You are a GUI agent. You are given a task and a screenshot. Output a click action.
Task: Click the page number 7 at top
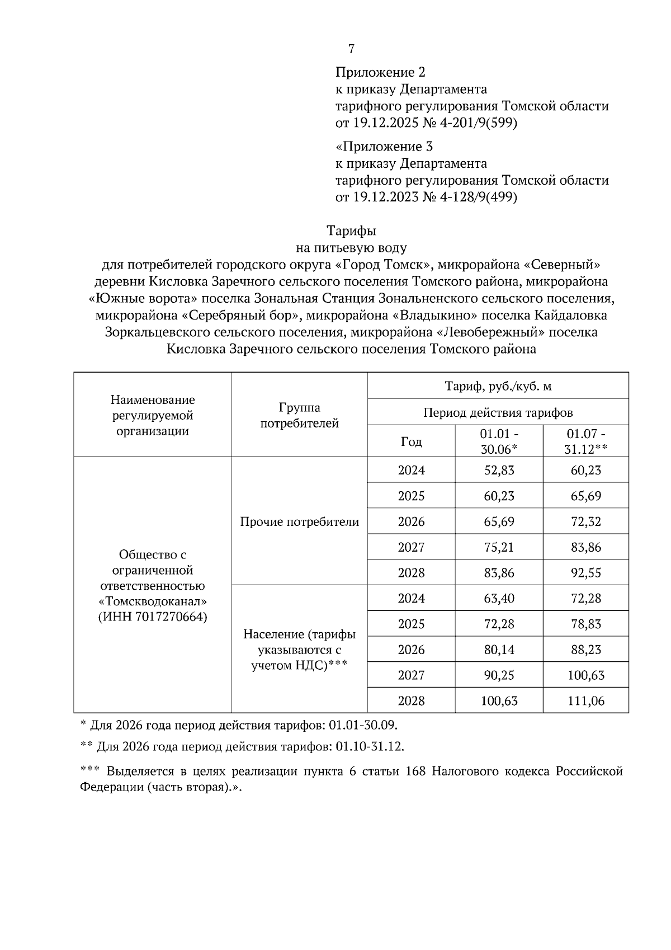coord(351,49)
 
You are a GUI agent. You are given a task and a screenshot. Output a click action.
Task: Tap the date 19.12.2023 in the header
coord(385,197)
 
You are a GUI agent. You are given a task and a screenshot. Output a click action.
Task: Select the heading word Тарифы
coord(351,231)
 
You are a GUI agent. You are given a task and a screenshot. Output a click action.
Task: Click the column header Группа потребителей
coord(299,415)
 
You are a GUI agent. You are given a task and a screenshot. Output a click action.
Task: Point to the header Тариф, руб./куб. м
coord(498,386)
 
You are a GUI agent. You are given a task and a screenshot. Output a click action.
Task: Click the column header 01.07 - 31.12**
coord(585,441)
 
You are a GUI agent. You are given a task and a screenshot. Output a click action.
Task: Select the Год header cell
coord(411,442)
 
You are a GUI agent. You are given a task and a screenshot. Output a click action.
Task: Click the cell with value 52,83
coord(499,471)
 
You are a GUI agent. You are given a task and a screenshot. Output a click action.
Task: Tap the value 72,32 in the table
coord(585,522)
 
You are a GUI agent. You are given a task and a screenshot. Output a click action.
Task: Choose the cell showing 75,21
coord(499,547)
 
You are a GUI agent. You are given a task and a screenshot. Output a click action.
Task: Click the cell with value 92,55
coord(585,573)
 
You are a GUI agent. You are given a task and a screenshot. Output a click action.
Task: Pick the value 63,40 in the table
coord(499,599)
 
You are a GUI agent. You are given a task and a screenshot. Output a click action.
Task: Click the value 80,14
coord(499,650)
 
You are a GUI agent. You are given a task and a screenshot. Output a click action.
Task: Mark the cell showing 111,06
coord(585,701)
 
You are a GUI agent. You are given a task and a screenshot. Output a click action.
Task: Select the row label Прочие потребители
coord(299,522)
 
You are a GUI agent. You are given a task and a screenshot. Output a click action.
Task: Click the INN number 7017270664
coord(171,617)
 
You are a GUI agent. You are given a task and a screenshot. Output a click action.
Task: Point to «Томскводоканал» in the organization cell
coord(152,601)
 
